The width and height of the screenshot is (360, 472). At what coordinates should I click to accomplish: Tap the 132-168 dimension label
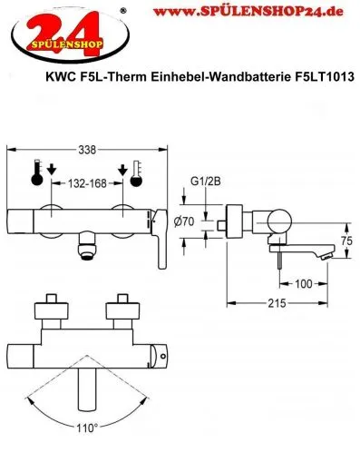coord(91,182)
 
